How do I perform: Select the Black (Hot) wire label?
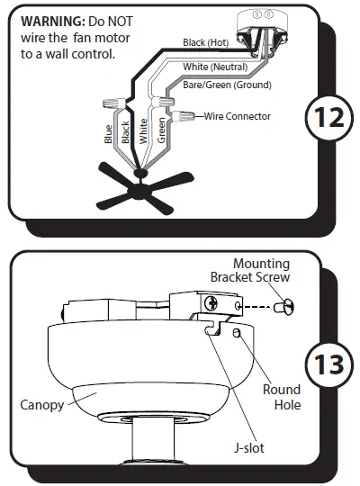pyautogui.click(x=206, y=42)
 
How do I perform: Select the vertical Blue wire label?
pyautogui.click(x=109, y=133)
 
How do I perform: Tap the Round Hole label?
pyautogui.click(x=281, y=398)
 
